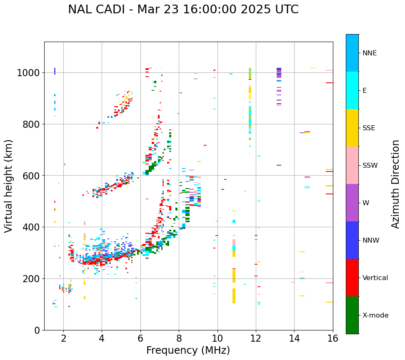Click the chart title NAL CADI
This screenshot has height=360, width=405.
click(x=183, y=10)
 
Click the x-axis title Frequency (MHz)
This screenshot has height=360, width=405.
click(x=188, y=350)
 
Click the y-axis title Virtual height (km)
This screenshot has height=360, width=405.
click(x=9, y=186)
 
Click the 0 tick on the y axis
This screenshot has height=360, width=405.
click(x=37, y=330)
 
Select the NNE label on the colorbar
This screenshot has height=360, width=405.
click(x=370, y=53)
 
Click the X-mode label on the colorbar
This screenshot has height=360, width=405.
click(x=375, y=315)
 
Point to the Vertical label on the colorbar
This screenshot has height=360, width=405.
click(x=375, y=278)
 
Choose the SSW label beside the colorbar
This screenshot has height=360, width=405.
click(x=370, y=165)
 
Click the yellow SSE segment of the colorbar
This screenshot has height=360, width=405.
click(x=352, y=128)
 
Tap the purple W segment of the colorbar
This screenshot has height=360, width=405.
click(x=352, y=203)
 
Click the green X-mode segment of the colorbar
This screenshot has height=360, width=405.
click(x=352, y=315)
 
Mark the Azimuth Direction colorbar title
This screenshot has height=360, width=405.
click(x=396, y=184)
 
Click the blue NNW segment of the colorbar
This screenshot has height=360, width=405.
click(x=352, y=240)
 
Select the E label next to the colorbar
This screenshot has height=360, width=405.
click(x=365, y=90)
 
